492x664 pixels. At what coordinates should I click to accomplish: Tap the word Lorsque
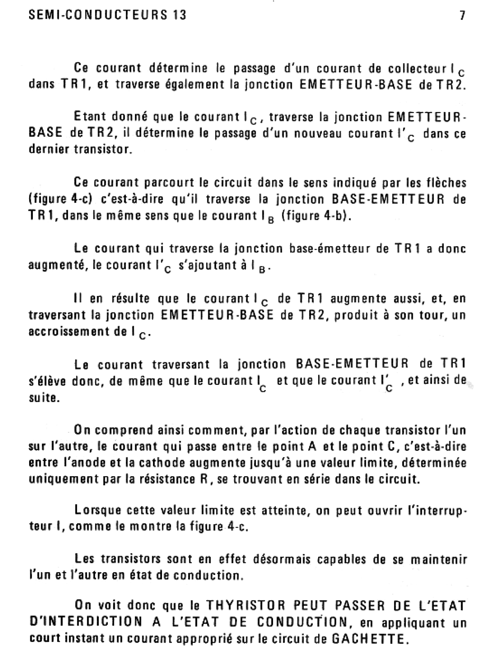click(x=98, y=511)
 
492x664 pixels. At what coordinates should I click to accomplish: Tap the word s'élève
click(x=46, y=381)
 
